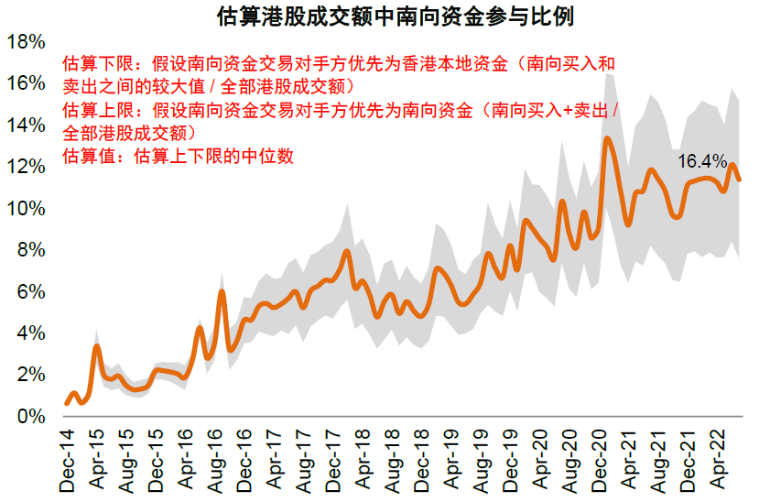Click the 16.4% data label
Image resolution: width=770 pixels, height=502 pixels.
pyautogui.click(x=701, y=161)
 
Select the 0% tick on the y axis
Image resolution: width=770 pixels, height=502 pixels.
pyautogui.click(x=30, y=417)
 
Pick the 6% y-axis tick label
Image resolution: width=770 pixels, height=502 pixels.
pyautogui.click(x=30, y=292)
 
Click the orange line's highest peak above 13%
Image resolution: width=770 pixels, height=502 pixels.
pyautogui.click(x=607, y=139)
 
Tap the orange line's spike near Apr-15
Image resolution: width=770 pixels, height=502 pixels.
pyautogui.click(x=97, y=346)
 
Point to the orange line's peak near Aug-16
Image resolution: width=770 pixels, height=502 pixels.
pyautogui.click(x=222, y=292)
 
